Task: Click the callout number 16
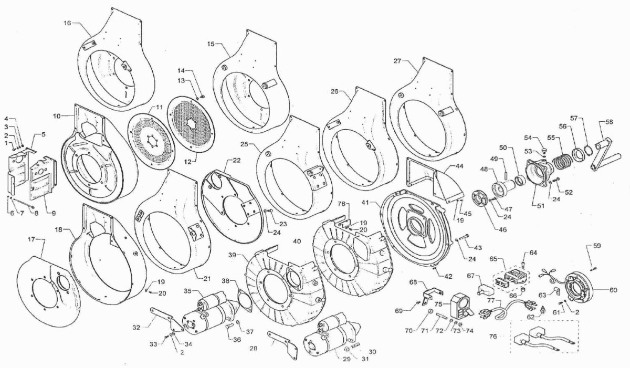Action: point(67,23)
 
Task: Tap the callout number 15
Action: point(211,44)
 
